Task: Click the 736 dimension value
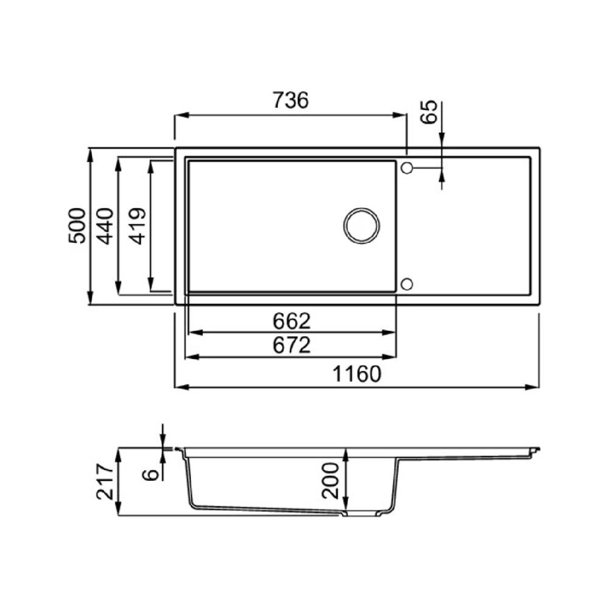click(x=291, y=100)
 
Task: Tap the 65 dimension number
click(x=429, y=112)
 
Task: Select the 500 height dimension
click(x=77, y=226)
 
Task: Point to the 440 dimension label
click(x=105, y=226)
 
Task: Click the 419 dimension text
click(x=137, y=226)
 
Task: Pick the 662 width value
click(x=292, y=321)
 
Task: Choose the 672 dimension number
click(x=292, y=345)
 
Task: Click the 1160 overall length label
click(x=357, y=374)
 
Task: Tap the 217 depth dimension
click(x=105, y=481)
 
